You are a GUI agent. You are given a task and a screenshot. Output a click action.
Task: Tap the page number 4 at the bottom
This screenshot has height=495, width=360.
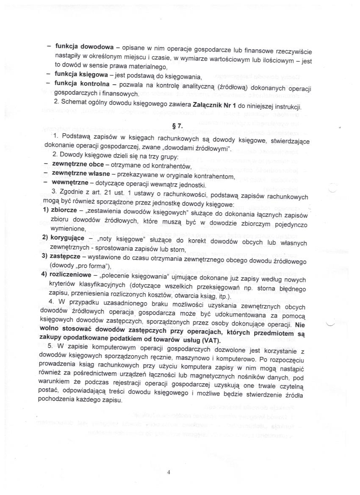[168, 473]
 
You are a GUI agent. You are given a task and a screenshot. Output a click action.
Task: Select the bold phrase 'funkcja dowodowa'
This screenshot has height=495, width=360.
[83, 47]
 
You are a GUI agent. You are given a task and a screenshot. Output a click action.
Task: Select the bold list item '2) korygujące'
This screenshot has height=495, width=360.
[65, 237]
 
